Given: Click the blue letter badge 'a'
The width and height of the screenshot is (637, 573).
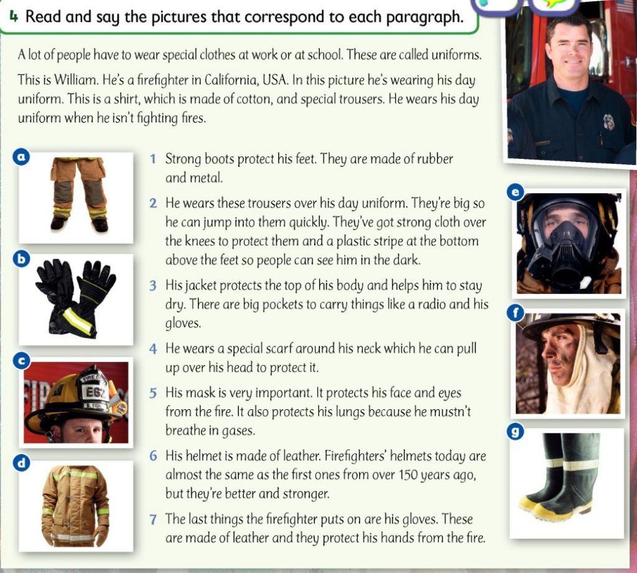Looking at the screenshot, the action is point(22,156).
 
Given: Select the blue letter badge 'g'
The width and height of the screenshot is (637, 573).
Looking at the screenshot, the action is point(515,432).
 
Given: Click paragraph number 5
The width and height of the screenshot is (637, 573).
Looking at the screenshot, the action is point(153,393).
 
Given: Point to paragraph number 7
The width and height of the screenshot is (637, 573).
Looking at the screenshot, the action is point(153,519).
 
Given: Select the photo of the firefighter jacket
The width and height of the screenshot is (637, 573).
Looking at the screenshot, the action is point(76,506).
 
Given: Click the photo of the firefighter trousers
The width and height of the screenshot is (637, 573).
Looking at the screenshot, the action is point(76,198).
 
